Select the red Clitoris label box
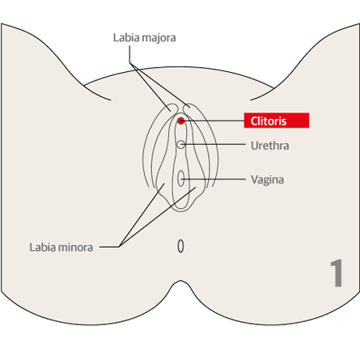[x=277, y=121]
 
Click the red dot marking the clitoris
[x=180, y=121]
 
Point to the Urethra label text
[x=270, y=146]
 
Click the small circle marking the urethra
[x=181, y=145]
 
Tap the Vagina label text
[x=267, y=180]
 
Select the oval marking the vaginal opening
[x=181, y=178]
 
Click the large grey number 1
[x=337, y=273]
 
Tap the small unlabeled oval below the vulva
[x=180, y=246]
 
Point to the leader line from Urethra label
[x=215, y=145]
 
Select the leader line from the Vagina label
[x=213, y=179]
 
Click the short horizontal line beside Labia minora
[x=109, y=247]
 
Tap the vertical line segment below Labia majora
[x=129, y=54]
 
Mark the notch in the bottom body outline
[x=180, y=281]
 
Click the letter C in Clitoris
[x=254, y=121]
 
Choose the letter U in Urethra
[x=255, y=146]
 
